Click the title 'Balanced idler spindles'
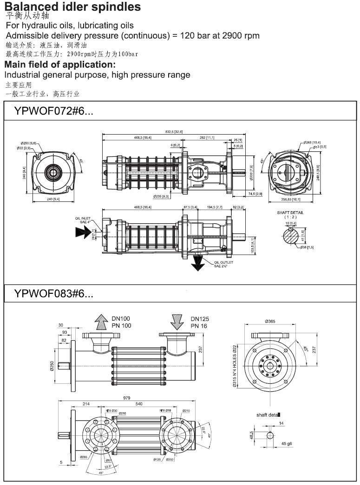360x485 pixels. click(x=72, y=6)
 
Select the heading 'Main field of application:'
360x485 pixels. click(x=60, y=65)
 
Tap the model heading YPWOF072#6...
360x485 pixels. click(x=54, y=112)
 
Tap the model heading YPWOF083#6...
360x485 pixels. click(x=54, y=293)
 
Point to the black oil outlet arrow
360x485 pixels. click(x=199, y=263)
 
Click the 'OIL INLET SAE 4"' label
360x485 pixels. click(x=83, y=220)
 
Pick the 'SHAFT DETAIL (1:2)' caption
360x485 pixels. click(x=292, y=215)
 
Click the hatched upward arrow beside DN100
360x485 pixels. click(x=100, y=322)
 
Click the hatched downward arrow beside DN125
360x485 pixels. click(x=178, y=322)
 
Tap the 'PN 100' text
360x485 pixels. click(x=121, y=326)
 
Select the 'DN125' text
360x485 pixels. click(x=200, y=319)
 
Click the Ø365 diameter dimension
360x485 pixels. click(x=270, y=321)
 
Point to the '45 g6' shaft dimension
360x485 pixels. click(x=287, y=444)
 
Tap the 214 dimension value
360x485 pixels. click(x=86, y=404)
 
